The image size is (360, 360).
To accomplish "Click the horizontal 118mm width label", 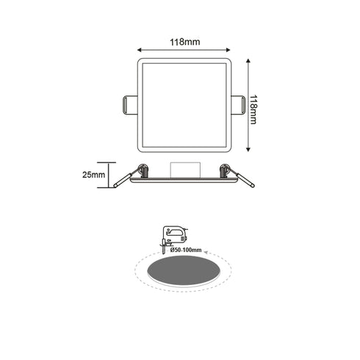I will click(x=180, y=42).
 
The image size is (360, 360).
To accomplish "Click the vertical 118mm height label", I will click(x=253, y=107).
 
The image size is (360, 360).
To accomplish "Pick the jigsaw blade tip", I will click(x=163, y=249).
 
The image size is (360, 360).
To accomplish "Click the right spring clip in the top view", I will click(x=240, y=104).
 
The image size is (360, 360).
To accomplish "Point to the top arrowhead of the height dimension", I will click(x=246, y=61).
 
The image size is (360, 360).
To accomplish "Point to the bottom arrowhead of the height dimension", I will click(x=246, y=154).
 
